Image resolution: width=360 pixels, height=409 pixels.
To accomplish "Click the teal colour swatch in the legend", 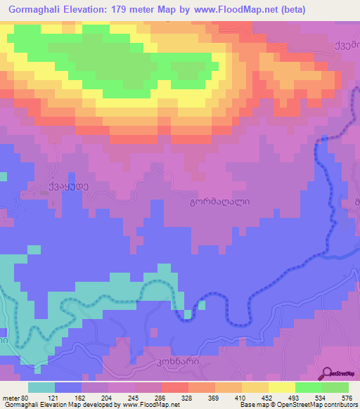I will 42,387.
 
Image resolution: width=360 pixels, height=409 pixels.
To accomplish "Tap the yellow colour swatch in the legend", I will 282,387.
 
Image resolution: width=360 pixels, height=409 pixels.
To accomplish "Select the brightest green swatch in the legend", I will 309,387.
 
